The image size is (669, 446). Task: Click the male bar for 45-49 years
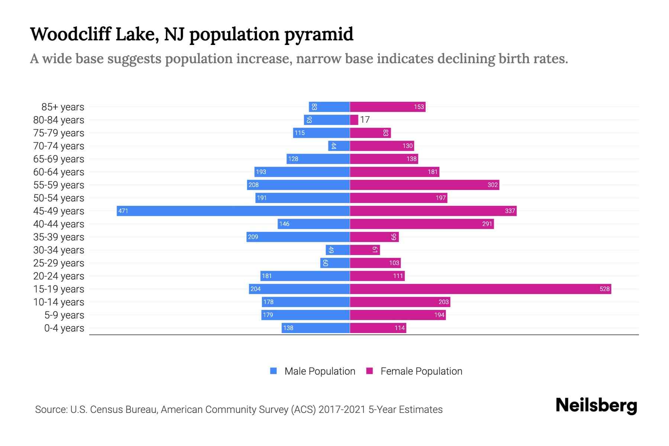[x=233, y=211]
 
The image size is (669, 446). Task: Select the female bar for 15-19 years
[x=480, y=289]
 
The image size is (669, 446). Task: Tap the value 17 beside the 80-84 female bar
[x=365, y=120]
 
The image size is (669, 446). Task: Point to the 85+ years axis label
[x=62, y=107]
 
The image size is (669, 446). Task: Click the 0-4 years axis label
[x=64, y=328]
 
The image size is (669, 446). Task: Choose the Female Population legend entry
[x=414, y=371]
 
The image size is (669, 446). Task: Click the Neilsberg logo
[x=596, y=405]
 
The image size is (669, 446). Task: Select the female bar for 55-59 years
[x=424, y=185]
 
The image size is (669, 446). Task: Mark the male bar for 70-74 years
[x=339, y=146]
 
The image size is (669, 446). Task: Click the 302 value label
[x=492, y=185]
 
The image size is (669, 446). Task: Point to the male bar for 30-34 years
[x=338, y=250]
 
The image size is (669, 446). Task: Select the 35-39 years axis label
[x=59, y=237]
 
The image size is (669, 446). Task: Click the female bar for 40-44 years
[x=422, y=224]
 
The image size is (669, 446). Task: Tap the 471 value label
[x=123, y=211]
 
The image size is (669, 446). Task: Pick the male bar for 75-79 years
[x=321, y=133]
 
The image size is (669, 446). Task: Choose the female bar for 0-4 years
[x=378, y=328]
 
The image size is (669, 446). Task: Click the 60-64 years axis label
[x=59, y=172]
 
